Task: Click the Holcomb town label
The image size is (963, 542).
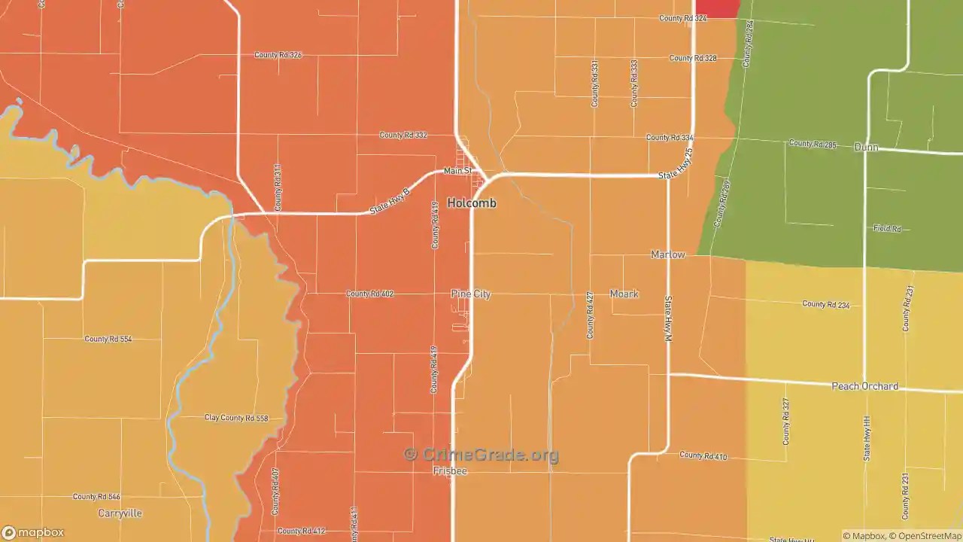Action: pyautogui.click(x=472, y=203)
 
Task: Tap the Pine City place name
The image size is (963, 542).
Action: pyautogui.click(x=471, y=294)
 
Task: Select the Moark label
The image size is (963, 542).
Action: pyautogui.click(x=624, y=294)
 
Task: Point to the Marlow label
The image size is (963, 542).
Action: pyautogui.click(x=668, y=254)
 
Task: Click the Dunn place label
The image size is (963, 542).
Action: pyautogui.click(x=866, y=148)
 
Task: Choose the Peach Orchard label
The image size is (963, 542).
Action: pyautogui.click(x=864, y=386)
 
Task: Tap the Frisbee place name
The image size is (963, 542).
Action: pyautogui.click(x=450, y=471)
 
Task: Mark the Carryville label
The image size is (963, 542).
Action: pyautogui.click(x=120, y=513)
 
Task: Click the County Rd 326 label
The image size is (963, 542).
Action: pyautogui.click(x=278, y=55)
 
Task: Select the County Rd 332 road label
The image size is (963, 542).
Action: pyautogui.click(x=403, y=135)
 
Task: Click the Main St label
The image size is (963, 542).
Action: pyautogui.click(x=457, y=171)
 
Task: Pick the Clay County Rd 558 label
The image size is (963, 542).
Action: pyautogui.click(x=236, y=418)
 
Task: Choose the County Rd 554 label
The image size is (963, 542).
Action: pyautogui.click(x=108, y=340)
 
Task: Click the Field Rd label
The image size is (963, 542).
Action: pyautogui.click(x=887, y=228)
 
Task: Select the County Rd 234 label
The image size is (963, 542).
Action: pyautogui.click(x=825, y=304)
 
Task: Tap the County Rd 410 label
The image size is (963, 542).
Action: pyautogui.click(x=703, y=455)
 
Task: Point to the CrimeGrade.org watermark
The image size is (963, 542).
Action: pyautogui.click(x=481, y=455)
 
